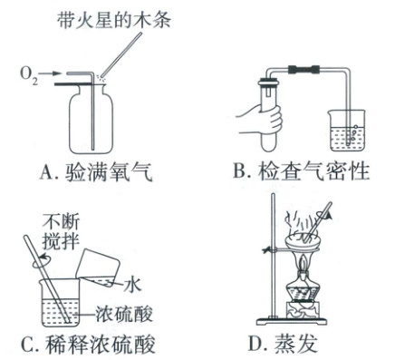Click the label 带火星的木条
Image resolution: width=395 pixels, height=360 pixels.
click(x=114, y=20)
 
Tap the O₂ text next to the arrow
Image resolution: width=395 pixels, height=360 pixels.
click(x=29, y=75)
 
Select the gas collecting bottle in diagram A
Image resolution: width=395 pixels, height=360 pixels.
click(x=92, y=119)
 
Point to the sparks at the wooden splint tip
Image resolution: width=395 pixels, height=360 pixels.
click(x=101, y=78)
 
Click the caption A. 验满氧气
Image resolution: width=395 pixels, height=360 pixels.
click(x=96, y=172)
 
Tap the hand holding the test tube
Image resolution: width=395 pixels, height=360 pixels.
click(x=260, y=119)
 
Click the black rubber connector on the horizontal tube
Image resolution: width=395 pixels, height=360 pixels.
click(x=303, y=69)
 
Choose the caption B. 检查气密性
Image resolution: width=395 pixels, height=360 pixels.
click(x=302, y=172)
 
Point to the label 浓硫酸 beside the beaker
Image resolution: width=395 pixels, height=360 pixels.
click(x=124, y=314)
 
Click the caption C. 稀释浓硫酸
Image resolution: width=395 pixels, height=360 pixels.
click(x=88, y=345)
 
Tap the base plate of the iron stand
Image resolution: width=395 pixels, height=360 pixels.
click(x=291, y=321)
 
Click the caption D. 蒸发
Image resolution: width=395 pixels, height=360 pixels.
click(x=283, y=344)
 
